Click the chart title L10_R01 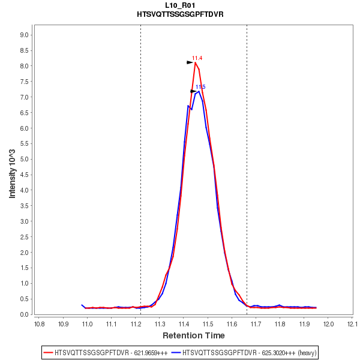pos(180,5)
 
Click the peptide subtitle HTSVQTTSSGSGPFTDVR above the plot pos(180,14)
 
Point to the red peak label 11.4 pos(197,58)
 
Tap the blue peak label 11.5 pos(200,87)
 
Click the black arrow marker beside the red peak pos(190,62)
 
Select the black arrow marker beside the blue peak pos(193,91)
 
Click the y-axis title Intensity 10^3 pos(13,175)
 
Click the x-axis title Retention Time pos(194,335)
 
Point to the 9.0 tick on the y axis pos(25,35)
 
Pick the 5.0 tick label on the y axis pos(25,159)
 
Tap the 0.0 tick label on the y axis pos(25,314)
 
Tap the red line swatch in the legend pos(48,352)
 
